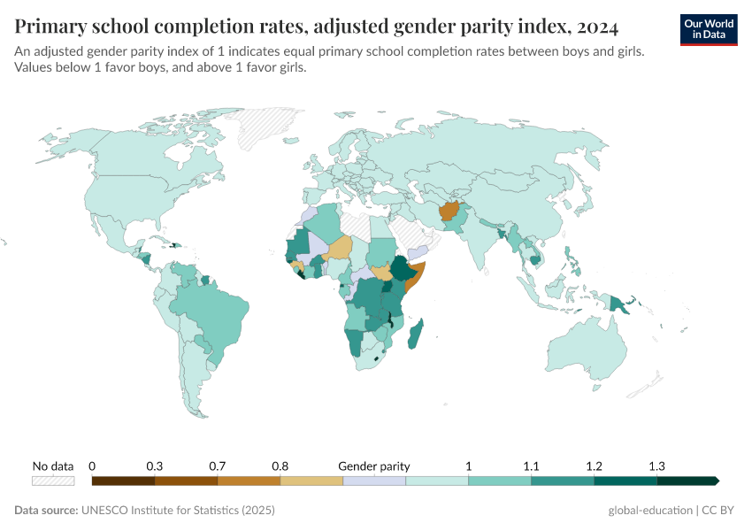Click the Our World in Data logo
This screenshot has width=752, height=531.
pyautogui.click(x=708, y=28)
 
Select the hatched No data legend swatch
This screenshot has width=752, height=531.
pyautogui.click(x=53, y=481)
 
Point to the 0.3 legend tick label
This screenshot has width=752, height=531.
pyautogui.click(x=155, y=466)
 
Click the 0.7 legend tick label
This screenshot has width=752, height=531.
pyautogui.click(x=218, y=466)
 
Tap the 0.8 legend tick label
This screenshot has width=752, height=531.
pyautogui.click(x=280, y=466)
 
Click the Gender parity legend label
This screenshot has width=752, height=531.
pyautogui.click(x=373, y=466)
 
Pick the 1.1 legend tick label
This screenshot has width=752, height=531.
pyautogui.click(x=531, y=466)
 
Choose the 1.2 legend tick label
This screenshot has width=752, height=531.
pyautogui.click(x=594, y=466)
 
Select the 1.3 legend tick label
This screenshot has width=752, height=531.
pyautogui.click(x=656, y=466)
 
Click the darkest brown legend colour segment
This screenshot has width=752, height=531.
pyautogui.click(x=123, y=481)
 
